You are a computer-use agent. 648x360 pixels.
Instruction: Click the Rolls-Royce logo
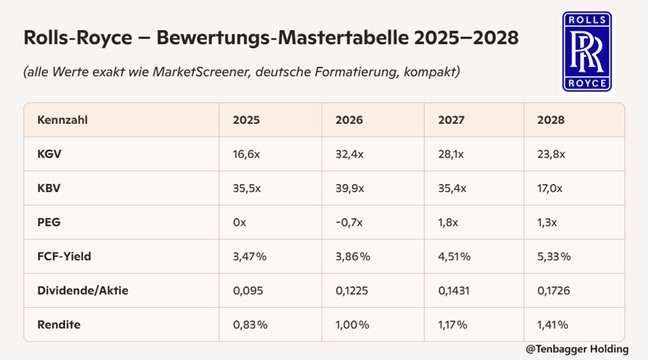pyautogui.click(x=587, y=52)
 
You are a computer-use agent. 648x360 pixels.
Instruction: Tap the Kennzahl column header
pyautogui.click(x=62, y=120)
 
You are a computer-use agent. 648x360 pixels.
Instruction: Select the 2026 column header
pyautogui.click(x=349, y=120)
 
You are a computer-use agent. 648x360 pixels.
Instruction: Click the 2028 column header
pyautogui.click(x=551, y=120)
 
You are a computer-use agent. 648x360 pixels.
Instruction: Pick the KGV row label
pyautogui.click(x=49, y=154)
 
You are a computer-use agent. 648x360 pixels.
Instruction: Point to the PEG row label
pyautogui.click(x=49, y=222)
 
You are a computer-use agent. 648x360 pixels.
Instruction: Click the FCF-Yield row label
pyautogui.click(x=64, y=256)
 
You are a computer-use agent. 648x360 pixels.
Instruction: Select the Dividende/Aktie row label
pyautogui.click(x=83, y=291)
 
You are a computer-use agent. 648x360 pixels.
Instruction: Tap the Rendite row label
pyautogui.click(x=59, y=324)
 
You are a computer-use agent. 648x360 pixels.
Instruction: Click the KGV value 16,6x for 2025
pyautogui.click(x=246, y=154)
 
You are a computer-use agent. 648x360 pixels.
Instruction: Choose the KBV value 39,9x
pyautogui.click(x=350, y=189)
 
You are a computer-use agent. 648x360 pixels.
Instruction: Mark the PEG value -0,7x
pyautogui.click(x=349, y=222)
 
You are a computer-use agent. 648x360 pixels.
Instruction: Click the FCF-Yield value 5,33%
pyautogui.click(x=554, y=256)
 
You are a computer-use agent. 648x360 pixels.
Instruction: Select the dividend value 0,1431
pyautogui.click(x=454, y=291)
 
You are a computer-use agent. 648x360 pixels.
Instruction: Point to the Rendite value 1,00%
pyautogui.click(x=352, y=325)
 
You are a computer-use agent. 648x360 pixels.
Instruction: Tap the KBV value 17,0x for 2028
pyautogui.click(x=550, y=189)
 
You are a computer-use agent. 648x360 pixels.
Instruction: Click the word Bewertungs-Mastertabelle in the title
pyautogui.click(x=283, y=38)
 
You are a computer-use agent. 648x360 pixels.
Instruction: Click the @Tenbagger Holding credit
pyautogui.click(x=577, y=349)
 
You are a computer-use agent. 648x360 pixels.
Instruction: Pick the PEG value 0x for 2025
pyautogui.click(x=239, y=222)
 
